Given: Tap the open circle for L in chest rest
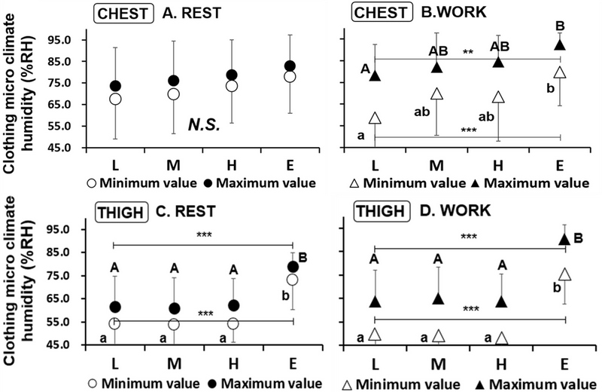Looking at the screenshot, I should coord(114,99).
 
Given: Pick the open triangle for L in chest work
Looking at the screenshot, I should coord(375,118).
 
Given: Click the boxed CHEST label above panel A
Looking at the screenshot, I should coord(115,13).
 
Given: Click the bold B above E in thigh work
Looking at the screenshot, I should coord(579,239).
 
